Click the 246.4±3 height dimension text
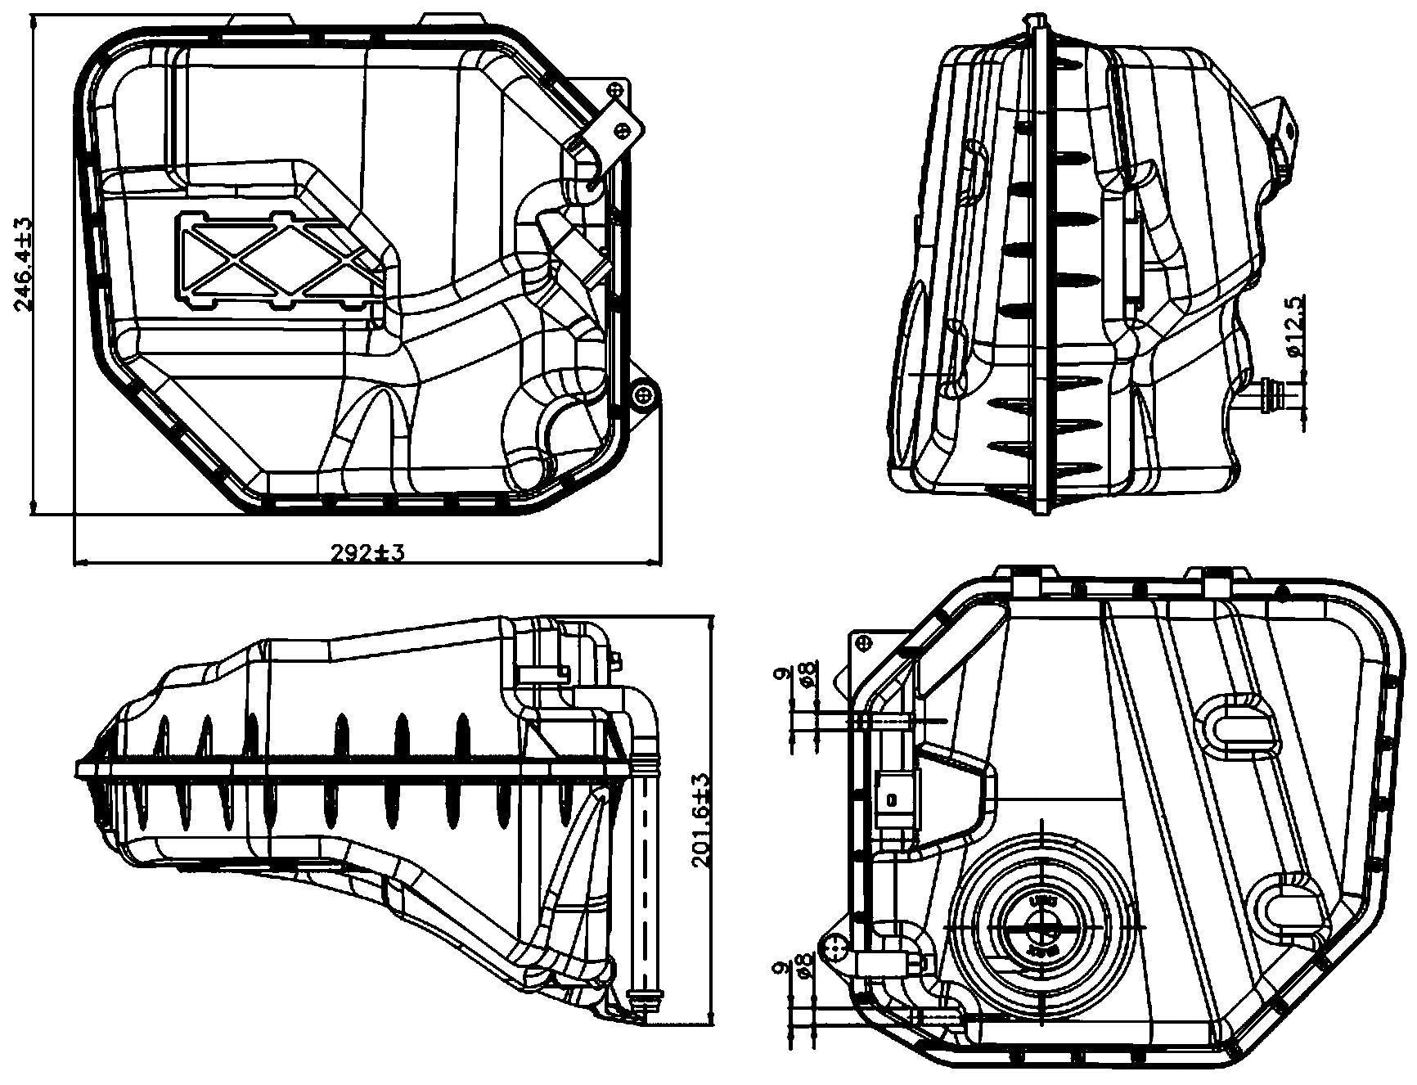22,264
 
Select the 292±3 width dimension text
368,553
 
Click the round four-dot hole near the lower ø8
837,951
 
